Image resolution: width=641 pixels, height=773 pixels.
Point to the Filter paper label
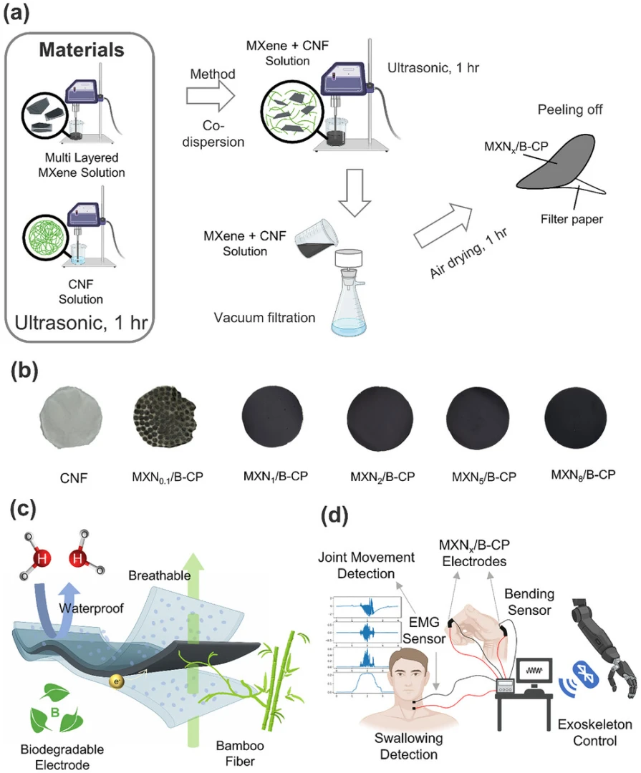571,219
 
